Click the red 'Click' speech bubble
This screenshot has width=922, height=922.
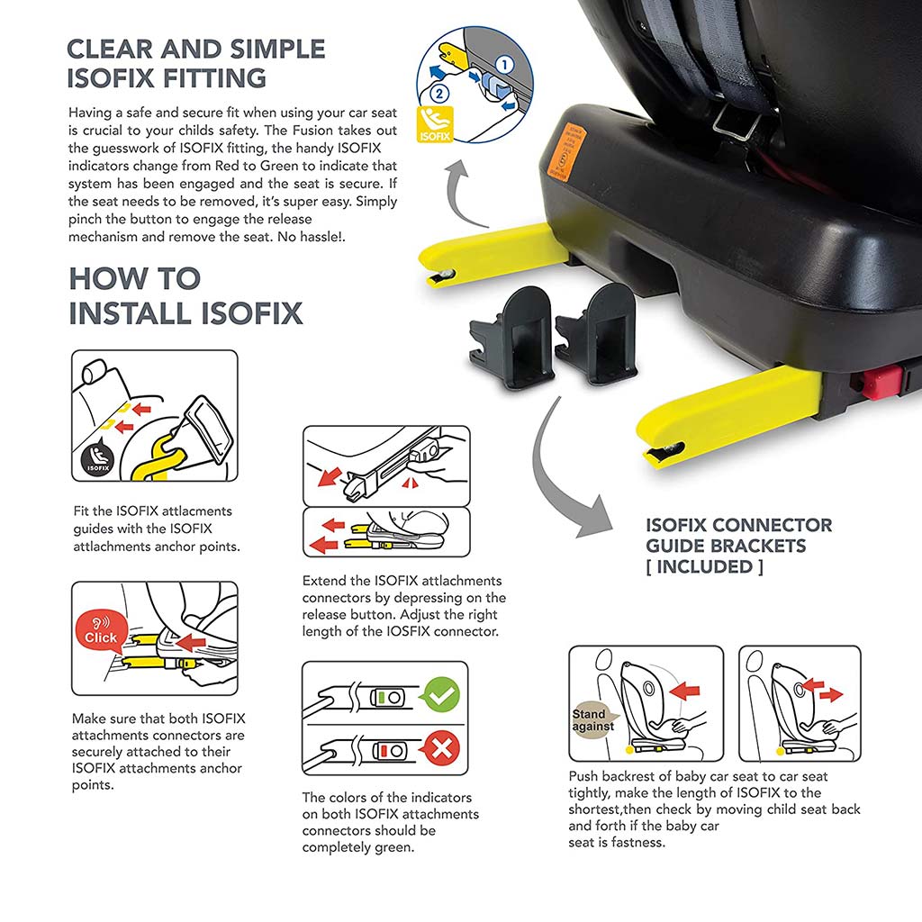pos(101,631)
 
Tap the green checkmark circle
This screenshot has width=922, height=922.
pos(441,694)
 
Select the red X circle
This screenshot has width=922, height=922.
pos(441,748)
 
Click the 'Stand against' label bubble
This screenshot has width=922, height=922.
pos(593,719)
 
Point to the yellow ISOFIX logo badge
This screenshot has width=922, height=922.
pos(435,124)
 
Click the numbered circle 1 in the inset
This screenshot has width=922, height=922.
pos(504,65)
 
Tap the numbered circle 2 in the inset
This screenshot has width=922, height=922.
pos(438,93)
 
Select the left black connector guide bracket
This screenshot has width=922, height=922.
pos(511,338)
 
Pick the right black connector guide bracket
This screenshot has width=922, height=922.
pos(596,333)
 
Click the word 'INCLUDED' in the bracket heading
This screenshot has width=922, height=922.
pos(704,567)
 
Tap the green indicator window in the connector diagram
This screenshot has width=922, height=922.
pos(381,698)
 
